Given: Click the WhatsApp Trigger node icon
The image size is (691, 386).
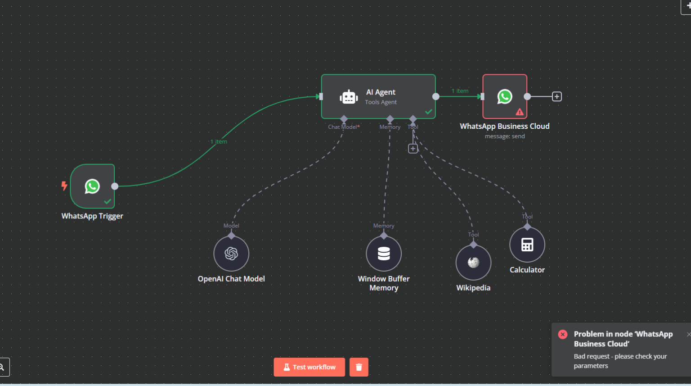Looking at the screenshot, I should tap(92, 186).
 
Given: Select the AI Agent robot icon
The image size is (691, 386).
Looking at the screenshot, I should tap(349, 97).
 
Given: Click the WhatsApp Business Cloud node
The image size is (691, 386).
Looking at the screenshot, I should tap(504, 96).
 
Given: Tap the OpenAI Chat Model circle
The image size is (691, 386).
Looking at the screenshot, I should tap(231, 254).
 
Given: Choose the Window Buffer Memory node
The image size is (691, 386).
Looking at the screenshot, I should tap(384, 254).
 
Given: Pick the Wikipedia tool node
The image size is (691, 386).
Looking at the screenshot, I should tap(473, 263).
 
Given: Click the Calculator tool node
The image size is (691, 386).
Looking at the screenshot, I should tap(527, 245).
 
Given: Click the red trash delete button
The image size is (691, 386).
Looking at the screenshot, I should tap(359, 367).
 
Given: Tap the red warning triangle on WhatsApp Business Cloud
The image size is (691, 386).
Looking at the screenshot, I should tap(520, 112).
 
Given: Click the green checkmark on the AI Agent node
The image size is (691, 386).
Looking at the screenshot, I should tap(428, 112).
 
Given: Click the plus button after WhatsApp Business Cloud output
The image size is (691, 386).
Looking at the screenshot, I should tap(556, 96).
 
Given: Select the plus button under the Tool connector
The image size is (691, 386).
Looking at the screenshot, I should tap(413, 149).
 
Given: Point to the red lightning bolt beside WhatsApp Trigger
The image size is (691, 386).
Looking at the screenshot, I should tap(64, 186).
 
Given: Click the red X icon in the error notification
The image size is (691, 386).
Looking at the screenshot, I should tap(562, 334).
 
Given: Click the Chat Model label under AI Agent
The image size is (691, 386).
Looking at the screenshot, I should tap(344, 127).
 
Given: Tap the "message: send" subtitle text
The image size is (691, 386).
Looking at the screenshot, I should tap(504, 136).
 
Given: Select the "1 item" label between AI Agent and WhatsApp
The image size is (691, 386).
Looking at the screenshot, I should tap(460, 91).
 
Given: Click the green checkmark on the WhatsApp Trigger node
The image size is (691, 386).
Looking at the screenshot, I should tap(108, 201).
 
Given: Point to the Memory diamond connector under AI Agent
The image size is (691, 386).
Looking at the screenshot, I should tap(390, 119).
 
